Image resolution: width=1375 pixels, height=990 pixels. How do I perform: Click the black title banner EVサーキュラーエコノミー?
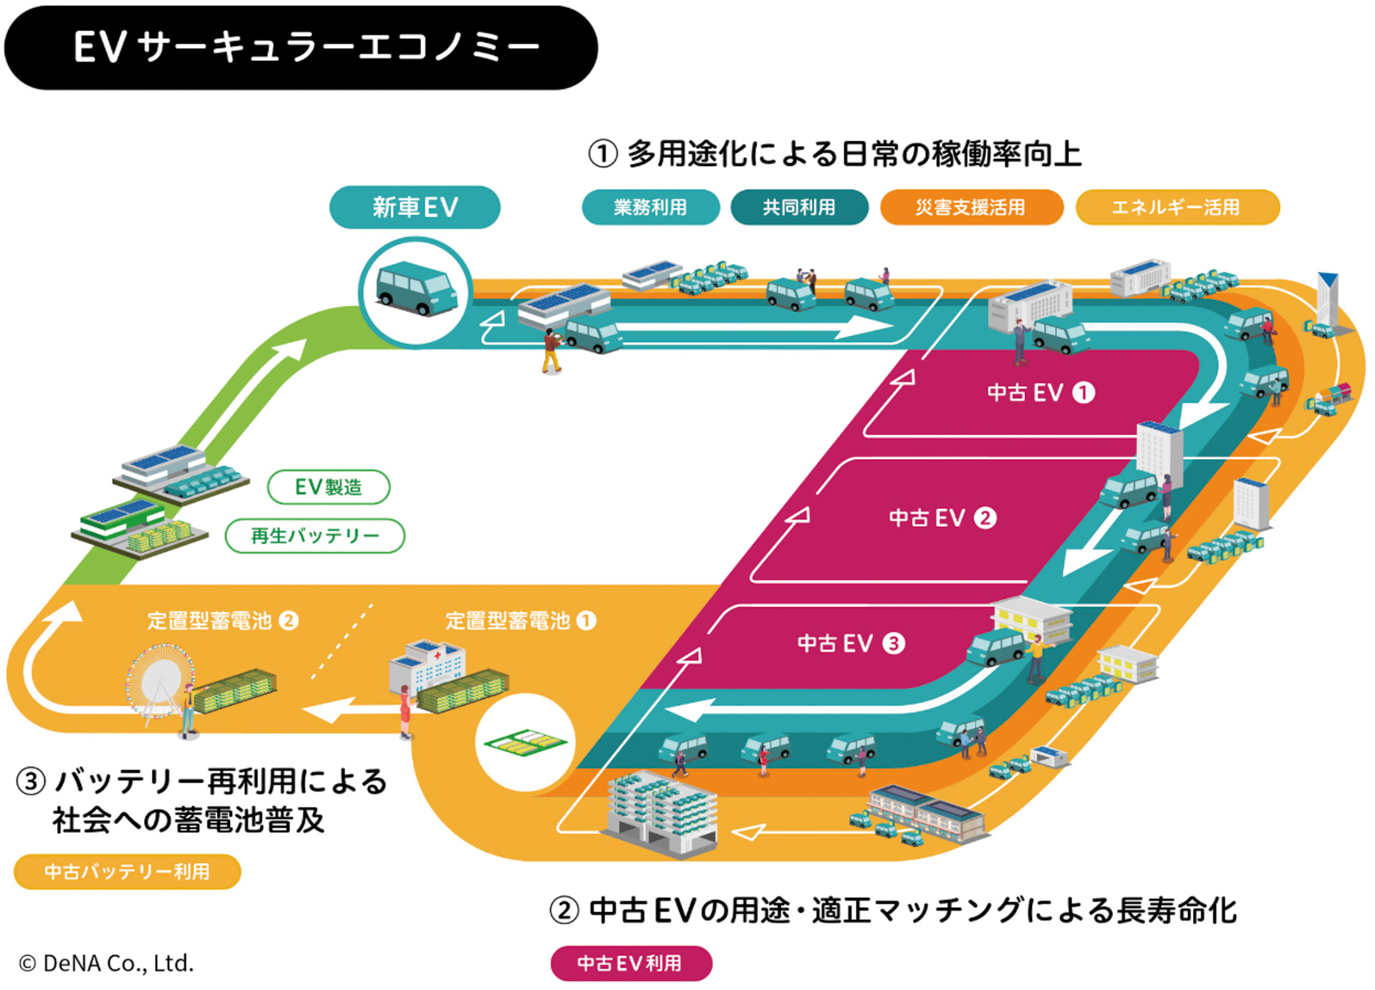[301, 47]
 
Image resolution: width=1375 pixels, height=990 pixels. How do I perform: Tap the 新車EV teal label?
[415, 208]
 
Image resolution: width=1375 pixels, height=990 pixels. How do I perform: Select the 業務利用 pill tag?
[650, 208]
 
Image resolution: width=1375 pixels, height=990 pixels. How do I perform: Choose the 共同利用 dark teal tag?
[799, 208]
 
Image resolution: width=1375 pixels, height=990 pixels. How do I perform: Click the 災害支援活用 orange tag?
[971, 208]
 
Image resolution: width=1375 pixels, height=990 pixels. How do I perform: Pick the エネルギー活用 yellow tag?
[1177, 208]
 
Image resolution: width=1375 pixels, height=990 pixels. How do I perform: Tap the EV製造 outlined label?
[329, 487]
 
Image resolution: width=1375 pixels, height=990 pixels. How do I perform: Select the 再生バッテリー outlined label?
[315, 536]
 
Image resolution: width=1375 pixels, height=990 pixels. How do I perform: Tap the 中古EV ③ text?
[851, 643]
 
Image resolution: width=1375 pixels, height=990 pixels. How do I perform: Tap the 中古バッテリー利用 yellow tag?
[127, 871]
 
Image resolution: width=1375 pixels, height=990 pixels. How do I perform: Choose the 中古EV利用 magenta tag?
[631, 963]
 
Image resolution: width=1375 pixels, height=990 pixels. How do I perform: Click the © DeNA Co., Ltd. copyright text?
[106, 964]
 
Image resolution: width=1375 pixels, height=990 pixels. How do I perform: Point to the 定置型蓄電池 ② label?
[222, 621]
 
